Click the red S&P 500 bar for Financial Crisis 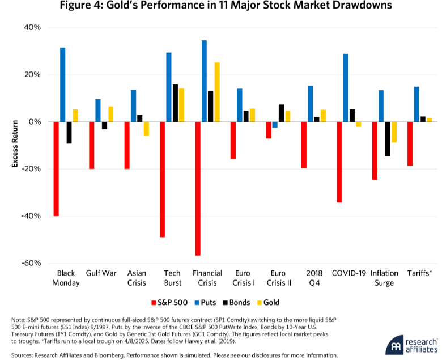[198, 189]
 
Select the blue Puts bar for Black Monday [62, 85]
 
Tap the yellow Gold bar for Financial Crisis [217, 92]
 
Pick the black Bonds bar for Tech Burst [175, 103]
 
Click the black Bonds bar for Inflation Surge [388, 139]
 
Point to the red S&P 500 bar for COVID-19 [339, 162]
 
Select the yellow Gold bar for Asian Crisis [146, 129]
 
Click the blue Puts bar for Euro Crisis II [275, 125]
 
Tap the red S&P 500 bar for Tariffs [410, 144]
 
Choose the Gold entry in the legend [268, 303]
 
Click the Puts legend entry [205, 303]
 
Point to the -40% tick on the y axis [31, 216]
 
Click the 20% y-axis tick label [33, 75]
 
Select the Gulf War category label [101, 273]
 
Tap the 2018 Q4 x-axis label [314, 278]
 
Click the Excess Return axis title [15, 144]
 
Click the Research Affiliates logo [411, 345]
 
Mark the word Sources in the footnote [22, 355]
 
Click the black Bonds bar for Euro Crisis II [281, 113]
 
